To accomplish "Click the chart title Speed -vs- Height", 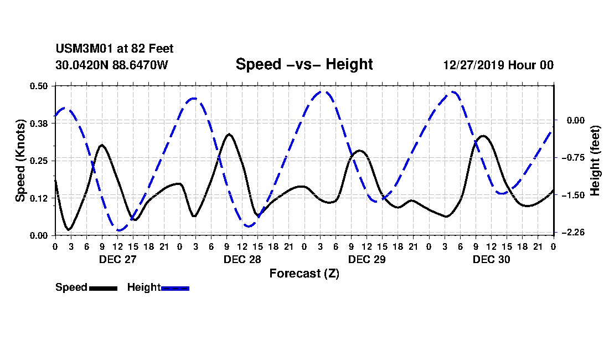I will click(x=304, y=64).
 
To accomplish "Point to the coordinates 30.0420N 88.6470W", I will click(x=111, y=65).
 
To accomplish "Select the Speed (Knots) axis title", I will click(x=20, y=160).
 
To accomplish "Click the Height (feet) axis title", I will click(x=596, y=160).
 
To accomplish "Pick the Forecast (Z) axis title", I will click(x=304, y=274).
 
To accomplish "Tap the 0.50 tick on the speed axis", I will click(x=39, y=86).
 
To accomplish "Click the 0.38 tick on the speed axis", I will click(x=39, y=124).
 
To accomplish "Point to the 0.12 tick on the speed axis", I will click(x=39, y=198).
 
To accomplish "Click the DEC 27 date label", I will click(x=117, y=259).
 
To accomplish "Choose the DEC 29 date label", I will click(x=367, y=259).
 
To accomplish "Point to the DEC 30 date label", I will click(x=491, y=259).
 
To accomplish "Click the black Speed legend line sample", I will click(x=103, y=288).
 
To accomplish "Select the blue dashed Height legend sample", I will click(x=175, y=288).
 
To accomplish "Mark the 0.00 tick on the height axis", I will click(x=574, y=120).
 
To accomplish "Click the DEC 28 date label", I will click(x=242, y=259).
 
